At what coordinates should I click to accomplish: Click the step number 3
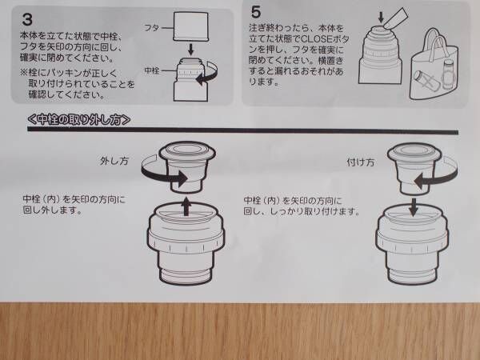click(x=27, y=19)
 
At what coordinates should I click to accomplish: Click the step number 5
click(x=256, y=12)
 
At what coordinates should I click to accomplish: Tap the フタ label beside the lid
click(x=151, y=28)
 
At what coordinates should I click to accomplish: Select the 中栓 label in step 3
click(x=152, y=70)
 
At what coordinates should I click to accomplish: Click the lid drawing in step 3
click(x=190, y=26)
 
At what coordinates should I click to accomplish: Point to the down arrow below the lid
click(x=190, y=50)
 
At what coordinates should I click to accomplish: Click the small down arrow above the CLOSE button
click(x=381, y=17)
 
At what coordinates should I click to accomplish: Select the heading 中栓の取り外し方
click(x=79, y=119)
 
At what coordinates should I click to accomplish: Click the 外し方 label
click(x=114, y=161)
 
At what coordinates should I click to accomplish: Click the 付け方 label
click(x=361, y=162)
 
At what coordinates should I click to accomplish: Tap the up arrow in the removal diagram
click(x=186, y=206)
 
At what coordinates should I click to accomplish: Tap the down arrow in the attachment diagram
click(x=414, y=207)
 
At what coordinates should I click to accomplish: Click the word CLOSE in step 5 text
click(x=317, y=39)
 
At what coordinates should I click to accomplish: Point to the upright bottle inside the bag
click(x=447, y=74)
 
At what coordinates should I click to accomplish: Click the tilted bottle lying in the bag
click(x=425, y=80)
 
